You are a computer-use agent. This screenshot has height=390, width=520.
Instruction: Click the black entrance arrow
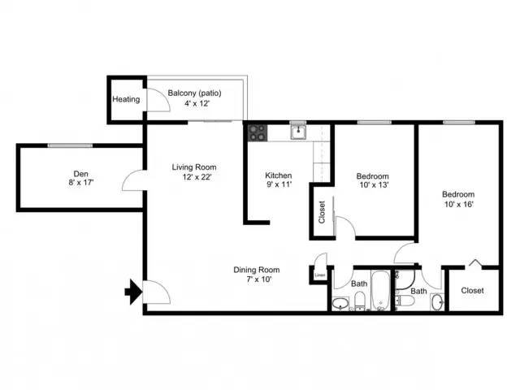point(133,292)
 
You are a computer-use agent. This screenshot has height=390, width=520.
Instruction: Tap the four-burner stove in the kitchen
point(258,133)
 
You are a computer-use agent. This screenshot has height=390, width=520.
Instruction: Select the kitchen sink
point(299,132)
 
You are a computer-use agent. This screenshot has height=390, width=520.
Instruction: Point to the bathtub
point(381,291)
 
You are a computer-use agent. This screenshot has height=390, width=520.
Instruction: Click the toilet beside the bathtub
point(360,301)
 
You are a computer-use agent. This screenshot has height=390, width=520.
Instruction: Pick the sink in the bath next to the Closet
point(438,302)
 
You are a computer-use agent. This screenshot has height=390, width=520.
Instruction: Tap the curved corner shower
point(405,279)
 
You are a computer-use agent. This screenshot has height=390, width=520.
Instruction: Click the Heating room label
point(126,99)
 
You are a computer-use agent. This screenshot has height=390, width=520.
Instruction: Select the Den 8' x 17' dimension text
point(81,182)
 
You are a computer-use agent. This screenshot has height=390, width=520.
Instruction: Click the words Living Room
point(194,167)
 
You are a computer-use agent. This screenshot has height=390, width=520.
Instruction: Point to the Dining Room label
point(257,270)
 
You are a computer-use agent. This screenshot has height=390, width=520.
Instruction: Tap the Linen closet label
point(319,275)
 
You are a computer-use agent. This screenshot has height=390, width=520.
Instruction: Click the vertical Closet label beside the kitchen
point(322,212)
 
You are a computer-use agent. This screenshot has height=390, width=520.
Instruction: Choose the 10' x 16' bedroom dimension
point(458,204)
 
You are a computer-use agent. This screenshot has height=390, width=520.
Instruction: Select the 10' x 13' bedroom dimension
point(374,185)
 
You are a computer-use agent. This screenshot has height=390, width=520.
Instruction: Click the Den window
point(70,145)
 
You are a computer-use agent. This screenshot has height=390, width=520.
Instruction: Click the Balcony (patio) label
point(194,93)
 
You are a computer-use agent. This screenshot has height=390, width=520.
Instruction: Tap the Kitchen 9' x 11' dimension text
point(279,184)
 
